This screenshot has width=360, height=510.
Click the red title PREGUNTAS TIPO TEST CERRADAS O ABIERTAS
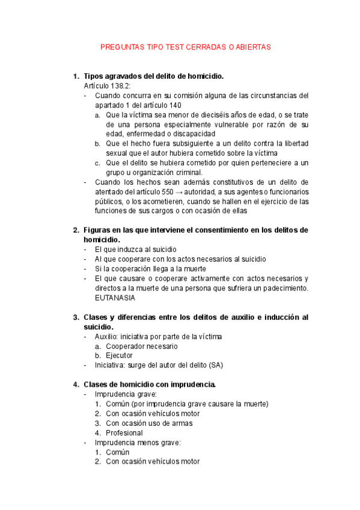pyautogui.click(x=185, y=46)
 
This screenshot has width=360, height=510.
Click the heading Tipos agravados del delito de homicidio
pyautogui.click(x=153, y=76)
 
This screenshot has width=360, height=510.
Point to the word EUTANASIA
pyautogui.click(x=115, y=298)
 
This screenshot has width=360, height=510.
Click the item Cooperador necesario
pyautogui.click(x=141, y=346)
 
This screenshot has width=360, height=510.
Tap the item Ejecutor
pyautogui.click(x=120, y=355)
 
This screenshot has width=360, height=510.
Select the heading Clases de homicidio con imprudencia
pyautogui.click(x=150, y=384)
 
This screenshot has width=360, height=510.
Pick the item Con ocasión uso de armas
pyautogui.click(x=150, y=423)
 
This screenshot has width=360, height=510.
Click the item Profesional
pyautogui.click(x=124, y=432)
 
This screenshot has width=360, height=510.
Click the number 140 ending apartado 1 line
pyautogui.click(x=175, y=105)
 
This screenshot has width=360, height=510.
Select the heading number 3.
pyautogui.click(x=76, y=317)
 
